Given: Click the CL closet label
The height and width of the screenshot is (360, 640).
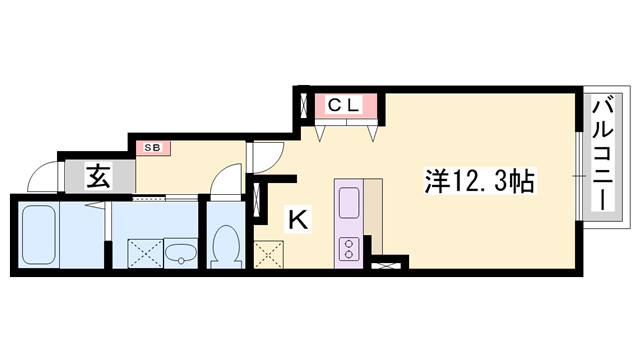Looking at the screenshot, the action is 343,105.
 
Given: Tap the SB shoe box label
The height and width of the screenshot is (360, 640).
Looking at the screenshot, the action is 153,148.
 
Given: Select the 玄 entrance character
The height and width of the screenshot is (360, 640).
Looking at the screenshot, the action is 98,176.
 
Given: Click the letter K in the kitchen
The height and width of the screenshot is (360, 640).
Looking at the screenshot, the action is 298,219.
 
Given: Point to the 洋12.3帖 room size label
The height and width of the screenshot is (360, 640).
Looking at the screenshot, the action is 479,181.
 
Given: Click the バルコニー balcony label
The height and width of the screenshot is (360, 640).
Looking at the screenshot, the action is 603,155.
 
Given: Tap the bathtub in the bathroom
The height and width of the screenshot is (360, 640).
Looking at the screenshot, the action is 39,234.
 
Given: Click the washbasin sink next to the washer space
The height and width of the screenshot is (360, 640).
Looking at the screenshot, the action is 180,253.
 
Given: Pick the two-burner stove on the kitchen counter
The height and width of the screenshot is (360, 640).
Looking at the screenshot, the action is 349,249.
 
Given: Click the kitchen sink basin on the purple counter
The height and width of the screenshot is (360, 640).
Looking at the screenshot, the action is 349,202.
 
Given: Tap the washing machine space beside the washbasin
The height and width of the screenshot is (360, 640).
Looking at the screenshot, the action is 146,253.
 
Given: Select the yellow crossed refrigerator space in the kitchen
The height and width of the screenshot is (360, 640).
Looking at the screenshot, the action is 269,255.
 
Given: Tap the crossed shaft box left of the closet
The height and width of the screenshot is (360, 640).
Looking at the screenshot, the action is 304,106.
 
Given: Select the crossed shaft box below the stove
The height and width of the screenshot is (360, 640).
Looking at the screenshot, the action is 386,266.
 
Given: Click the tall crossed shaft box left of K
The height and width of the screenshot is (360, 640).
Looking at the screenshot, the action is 257,200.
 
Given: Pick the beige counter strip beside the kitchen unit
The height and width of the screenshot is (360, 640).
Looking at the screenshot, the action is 374,213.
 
